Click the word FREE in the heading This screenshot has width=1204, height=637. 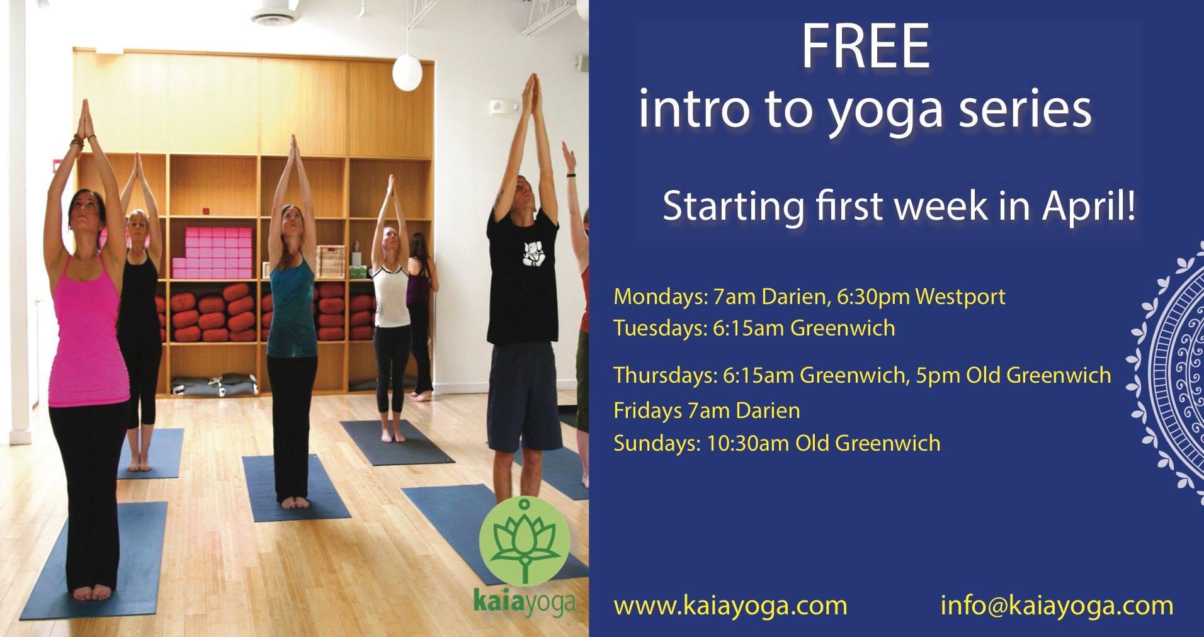coord(865,47)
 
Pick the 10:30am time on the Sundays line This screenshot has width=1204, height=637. coord(748,443)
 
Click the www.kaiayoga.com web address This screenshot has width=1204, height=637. coord(730,606)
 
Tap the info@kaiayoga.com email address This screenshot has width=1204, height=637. coord(1057,606)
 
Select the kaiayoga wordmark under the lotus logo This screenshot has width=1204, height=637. coord(525,602)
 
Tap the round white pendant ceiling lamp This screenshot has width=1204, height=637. coord(407,72)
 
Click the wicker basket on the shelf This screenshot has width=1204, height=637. coord(331,262)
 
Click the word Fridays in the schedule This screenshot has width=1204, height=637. coord(648,411)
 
